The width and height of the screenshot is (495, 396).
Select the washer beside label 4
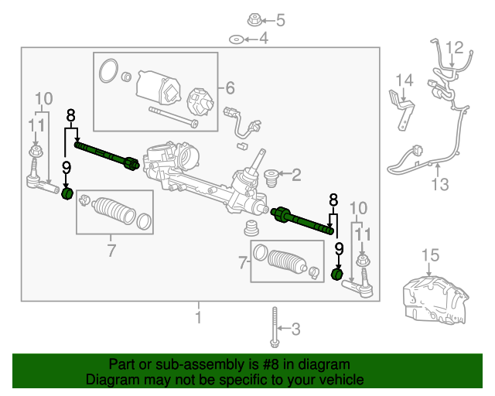click(233, 38)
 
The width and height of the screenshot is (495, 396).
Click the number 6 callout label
click(230, 88)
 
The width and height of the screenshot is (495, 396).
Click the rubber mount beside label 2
click(271, 176)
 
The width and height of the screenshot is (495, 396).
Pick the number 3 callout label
click(295, 329)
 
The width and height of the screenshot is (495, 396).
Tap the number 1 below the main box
click(198, 317)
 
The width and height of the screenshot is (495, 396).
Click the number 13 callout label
click(440, 184)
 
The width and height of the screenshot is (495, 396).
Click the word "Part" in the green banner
click(124, 364)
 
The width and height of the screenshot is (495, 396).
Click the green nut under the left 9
click(67, 193)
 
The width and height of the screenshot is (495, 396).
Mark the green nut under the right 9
click(337, 274)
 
